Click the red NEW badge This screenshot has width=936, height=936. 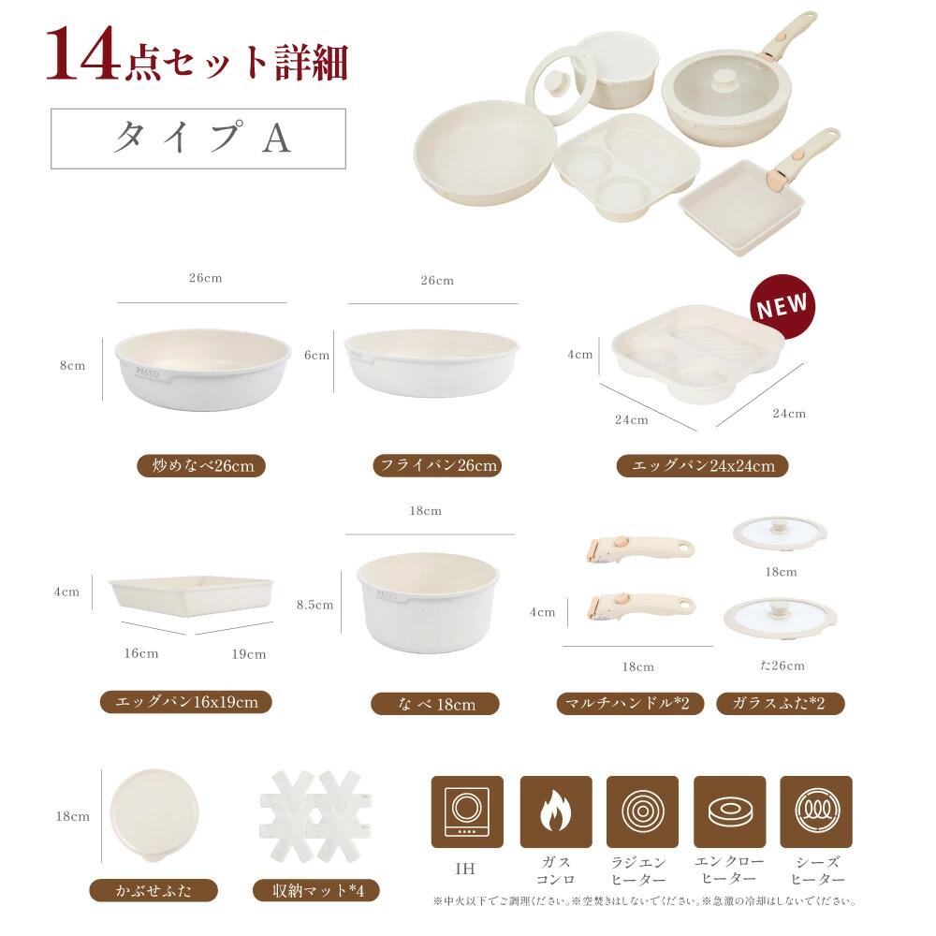(x=782, y=306)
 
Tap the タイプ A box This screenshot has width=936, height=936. (x=198, y=139)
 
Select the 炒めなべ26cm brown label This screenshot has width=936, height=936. (x=201, y=465)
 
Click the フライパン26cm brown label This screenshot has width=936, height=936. (x=437, y=465)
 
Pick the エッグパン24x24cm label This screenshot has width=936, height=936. (x=702, y=465)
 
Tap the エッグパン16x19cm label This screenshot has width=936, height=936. (x=185, y=701)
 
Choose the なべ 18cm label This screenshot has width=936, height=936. (x=435, y=704)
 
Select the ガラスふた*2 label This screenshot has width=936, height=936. (x=780, y=703)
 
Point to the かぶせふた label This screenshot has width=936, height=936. (x=154, y=891)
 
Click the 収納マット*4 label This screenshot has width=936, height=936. (x=316, y=891)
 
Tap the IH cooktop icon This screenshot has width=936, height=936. (x=467, y=812)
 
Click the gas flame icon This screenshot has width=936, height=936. (x=556, y=812)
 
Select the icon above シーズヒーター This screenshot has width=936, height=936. (x=816, y=812)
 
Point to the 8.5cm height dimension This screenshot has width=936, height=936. (x=315, y=605)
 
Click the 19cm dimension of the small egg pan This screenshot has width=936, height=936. (x=249, y=654)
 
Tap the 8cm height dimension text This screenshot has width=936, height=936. (x=72, y=365)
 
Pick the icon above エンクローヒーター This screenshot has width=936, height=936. (x=729, y=812)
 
